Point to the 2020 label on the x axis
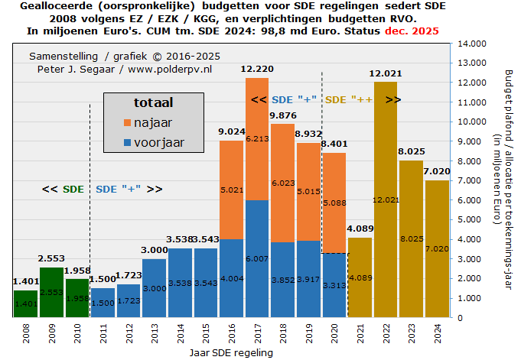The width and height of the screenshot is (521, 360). point(334,334)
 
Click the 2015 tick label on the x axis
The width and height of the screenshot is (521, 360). point(206,334)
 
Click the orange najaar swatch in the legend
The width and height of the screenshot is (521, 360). point(125,123)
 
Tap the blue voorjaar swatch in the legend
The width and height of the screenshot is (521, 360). point(125,142)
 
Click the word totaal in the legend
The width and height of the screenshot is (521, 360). point(153,102)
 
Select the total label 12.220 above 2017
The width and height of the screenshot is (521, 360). point(257,70)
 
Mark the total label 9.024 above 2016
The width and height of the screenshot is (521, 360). point(231,132)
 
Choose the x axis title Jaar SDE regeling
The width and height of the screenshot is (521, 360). point(230,353)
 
